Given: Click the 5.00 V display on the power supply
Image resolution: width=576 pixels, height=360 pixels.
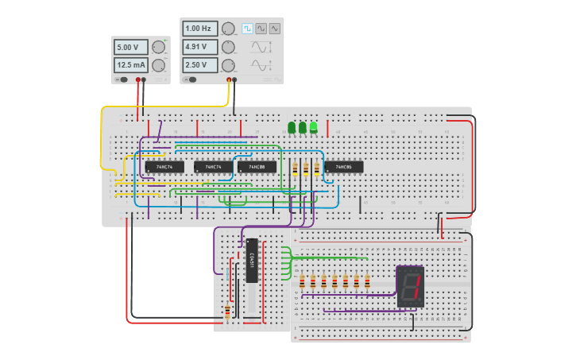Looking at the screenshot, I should (x=130, y=46).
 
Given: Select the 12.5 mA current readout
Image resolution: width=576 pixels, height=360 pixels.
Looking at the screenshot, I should (x=130, y=65).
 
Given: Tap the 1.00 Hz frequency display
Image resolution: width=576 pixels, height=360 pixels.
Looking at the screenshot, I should (x=199, y=29).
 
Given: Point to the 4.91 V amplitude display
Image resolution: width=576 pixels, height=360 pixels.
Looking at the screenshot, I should (x=199, y=47).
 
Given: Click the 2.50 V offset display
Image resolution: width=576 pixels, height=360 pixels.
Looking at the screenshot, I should (x=199, y=65).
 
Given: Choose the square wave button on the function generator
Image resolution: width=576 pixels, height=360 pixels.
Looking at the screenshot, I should (x=247, y=29).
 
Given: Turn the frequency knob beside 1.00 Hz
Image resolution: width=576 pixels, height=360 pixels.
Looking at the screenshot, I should (x=228, y=29).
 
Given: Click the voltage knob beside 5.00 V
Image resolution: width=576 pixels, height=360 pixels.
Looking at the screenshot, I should (x=158, y=46).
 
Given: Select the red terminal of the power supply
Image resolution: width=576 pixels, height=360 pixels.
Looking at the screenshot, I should (x=138, y=79).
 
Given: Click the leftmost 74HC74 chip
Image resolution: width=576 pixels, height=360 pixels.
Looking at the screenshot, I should (x=164, y=167).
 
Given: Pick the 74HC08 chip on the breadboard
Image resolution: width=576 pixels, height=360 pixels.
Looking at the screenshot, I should (x=257, y=167).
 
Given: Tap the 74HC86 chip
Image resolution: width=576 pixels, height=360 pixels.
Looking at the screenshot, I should (x=343, y=167).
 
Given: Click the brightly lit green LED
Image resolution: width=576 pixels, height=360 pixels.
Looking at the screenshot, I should (x=314, y=126).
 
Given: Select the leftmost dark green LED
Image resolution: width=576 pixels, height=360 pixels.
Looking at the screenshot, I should (x=292, y=127).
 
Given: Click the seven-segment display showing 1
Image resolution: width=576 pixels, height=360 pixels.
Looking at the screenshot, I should (x=410, y=286).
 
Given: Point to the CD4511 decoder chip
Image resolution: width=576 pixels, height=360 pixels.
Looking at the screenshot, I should (x=252, y=260).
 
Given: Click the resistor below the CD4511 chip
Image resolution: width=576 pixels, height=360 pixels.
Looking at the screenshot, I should (x=227, y=311).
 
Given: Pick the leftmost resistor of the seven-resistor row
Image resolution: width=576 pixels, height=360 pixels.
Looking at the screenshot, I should (x=302, y=281).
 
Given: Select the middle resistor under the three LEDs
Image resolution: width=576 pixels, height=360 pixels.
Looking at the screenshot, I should (x=306, y=168).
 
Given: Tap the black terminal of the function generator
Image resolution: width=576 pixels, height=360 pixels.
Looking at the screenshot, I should (x=234, y=79).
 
